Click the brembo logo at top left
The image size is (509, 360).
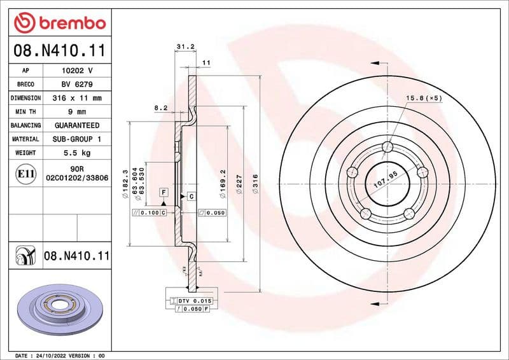click(59, 24)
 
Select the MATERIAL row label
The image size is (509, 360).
click(25, 139)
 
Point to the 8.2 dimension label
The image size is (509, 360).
click(160, 108)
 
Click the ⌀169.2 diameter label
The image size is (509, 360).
click(222, 181)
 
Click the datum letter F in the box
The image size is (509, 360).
click(164, 192)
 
